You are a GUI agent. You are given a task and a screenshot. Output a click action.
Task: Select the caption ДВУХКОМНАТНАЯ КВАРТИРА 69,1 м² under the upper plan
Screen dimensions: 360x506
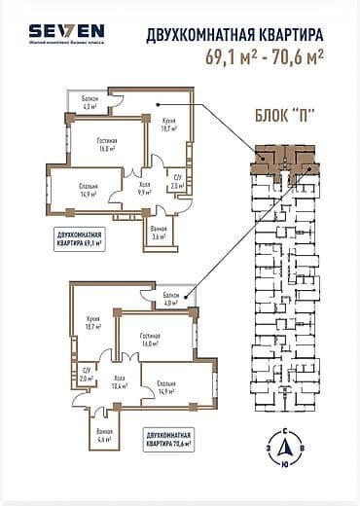tap(81, 238)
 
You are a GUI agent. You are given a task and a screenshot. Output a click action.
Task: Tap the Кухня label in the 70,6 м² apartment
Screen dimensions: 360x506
tap(93, 325)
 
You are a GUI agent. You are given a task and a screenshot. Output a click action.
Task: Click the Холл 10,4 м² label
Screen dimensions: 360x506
tap(121, 381)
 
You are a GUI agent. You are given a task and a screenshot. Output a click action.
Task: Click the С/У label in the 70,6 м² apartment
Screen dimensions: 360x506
tap(86, 376)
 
